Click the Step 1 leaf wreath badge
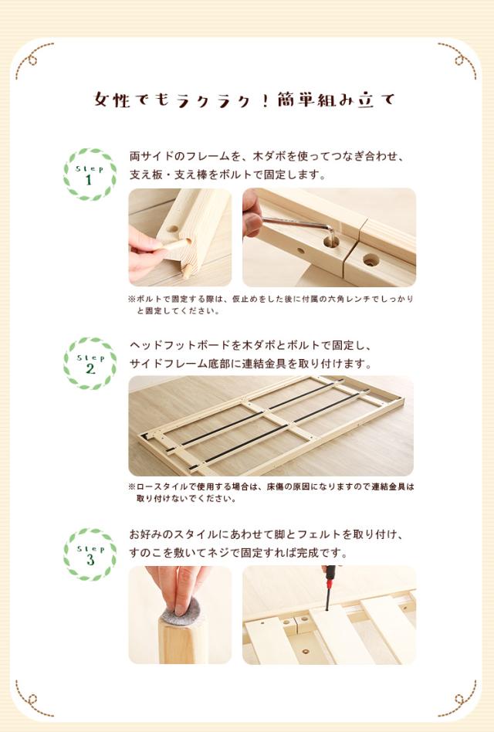[x=90, y=175]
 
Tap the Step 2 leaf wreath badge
[x=90, y=363]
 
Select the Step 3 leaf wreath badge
[x=90, y=554]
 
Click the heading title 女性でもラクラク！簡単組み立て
[x=245, y=100]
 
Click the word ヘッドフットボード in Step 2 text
[x=180, y=345]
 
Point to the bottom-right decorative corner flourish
[x=458, y=698]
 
